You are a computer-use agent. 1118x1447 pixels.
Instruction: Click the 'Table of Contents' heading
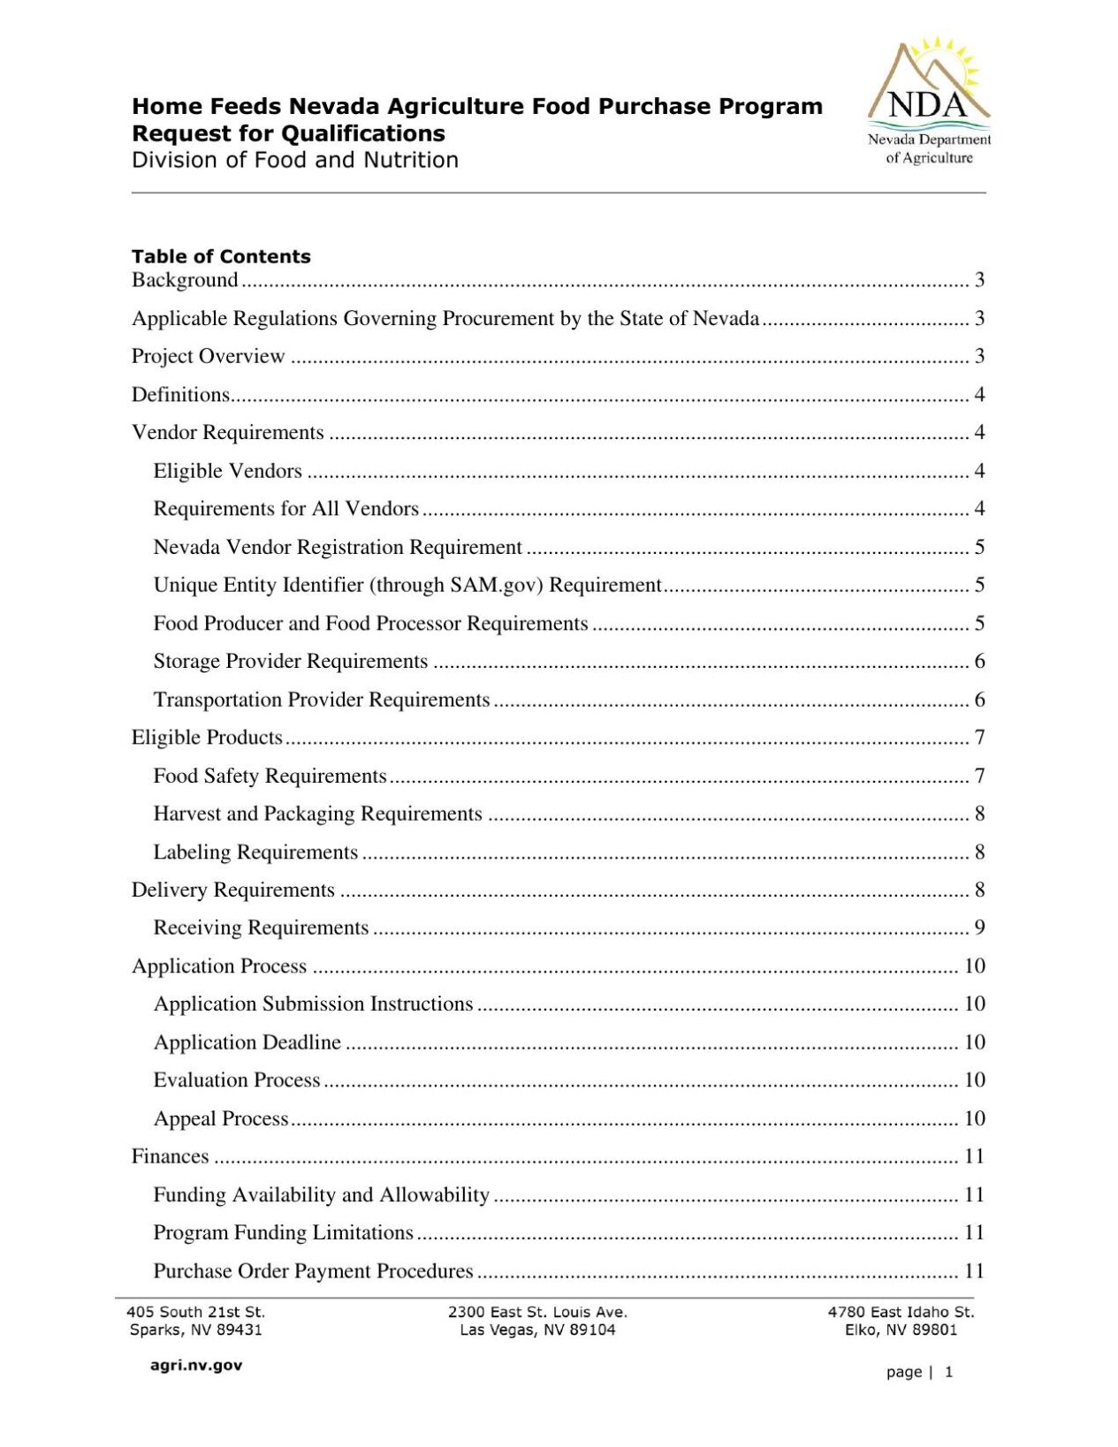[221, 256]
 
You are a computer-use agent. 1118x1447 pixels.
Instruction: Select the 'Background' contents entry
[185, 280]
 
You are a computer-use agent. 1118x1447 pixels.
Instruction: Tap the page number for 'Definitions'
[979, 395]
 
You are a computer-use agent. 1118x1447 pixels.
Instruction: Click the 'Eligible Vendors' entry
[227, 471]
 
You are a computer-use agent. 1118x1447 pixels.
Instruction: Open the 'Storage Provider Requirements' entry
[290, 662]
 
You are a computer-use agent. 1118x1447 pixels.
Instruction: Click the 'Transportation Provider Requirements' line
[321, 700]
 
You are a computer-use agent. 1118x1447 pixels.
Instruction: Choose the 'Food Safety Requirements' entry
[270, 776]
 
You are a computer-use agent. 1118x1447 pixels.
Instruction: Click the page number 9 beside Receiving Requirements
[979, 928]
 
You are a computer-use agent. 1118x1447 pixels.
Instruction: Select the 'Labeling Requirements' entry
[255, 852]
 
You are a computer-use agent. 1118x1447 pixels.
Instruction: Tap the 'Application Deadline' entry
[247, 1042]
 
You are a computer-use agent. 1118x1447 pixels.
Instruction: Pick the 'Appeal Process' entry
[221, 1118]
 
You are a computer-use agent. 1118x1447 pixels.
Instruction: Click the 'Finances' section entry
[170, 1156]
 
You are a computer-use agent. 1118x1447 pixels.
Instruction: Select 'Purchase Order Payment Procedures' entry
[313, 1271]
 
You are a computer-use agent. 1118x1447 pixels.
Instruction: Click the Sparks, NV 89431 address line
[195, 1330]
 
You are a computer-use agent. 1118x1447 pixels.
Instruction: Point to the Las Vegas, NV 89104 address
[537, 1330]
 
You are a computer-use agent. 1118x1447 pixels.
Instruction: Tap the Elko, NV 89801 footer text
[901, 1330]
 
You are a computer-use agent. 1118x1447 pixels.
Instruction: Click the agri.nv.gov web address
[195, 1366]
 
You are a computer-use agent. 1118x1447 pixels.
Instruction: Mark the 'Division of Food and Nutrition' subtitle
[294, 160]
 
